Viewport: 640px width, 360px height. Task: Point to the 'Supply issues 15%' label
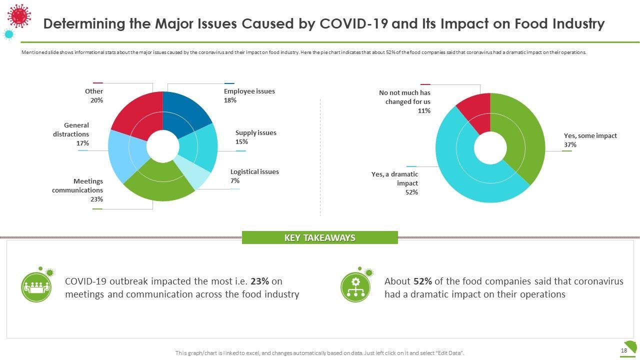click(255, 137)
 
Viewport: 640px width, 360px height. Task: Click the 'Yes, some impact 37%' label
click(590, 140)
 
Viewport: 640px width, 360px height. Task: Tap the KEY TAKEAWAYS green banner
click(319, 238)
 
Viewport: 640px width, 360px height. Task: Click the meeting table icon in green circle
click(36, 287)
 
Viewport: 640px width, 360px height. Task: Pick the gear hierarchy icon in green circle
click(355, 287)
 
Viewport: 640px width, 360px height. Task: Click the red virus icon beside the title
click(19, 15)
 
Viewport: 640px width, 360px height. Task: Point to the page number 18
click(623, 350)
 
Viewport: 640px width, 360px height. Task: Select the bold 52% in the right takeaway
click(423, 281)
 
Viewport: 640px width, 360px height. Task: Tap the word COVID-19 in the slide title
click(354, 23)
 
